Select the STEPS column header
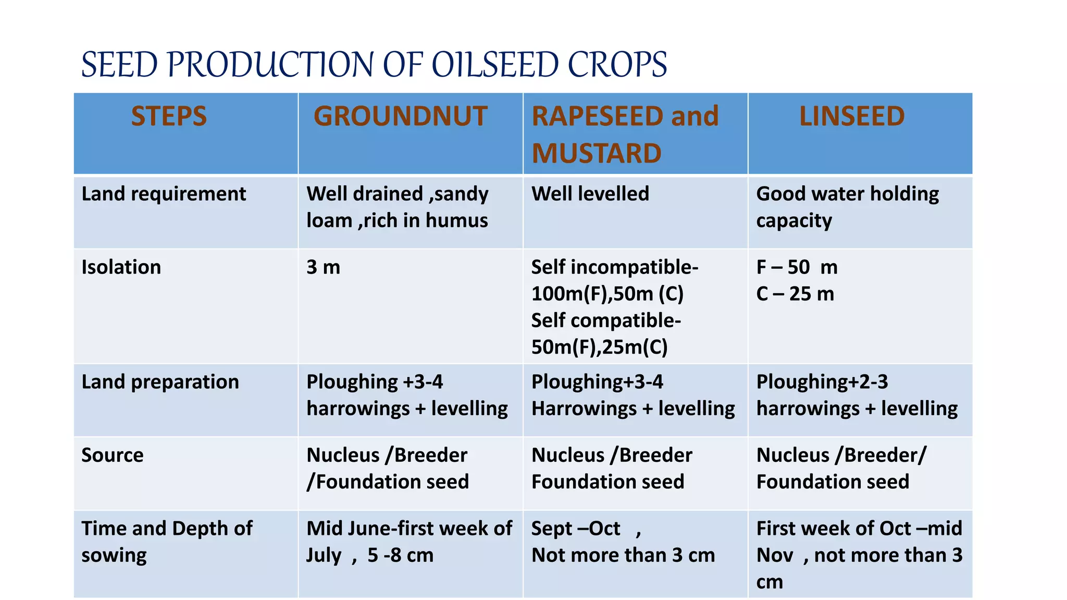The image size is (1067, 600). (x=169, y=116)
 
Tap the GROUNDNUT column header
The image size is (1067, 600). (x=400, y=116)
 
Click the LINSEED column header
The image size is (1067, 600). (x=852, y=116)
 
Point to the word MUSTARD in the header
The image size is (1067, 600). (x=597, y=154)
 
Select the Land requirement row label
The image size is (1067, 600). (x=164, y=194)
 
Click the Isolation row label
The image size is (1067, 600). (x=121, y=267)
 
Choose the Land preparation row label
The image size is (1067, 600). (x=160, y=382)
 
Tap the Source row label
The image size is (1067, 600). (x=113, y=455)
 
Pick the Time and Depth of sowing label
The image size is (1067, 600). (x=167, y=542)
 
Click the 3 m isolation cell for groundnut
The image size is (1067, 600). (x=323, y=267)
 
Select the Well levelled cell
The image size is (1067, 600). (x=590, y=194)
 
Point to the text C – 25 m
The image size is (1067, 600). (x=795, y=294)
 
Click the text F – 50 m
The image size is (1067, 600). (x=797, y=267)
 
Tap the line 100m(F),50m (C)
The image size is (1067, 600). (x=607, y=294)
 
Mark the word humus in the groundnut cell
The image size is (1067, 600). (x=456, y=221)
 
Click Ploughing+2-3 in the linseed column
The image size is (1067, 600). (x=822, y=382)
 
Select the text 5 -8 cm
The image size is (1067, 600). (x=400, y=555)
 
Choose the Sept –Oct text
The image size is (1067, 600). (x=576, y=529)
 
